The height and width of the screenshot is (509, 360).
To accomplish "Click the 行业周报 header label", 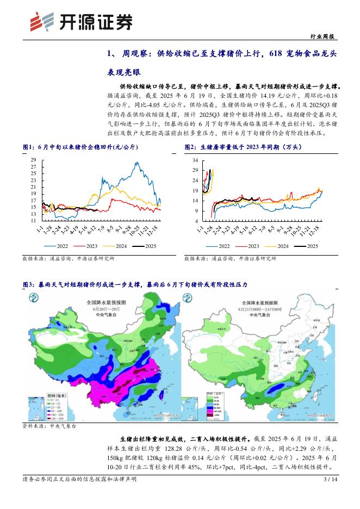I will (324, 37).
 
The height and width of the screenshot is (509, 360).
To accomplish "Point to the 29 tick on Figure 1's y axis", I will (33, 160).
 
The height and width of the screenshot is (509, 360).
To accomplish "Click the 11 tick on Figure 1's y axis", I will (33, 221).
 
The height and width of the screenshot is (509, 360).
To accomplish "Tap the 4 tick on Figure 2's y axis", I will (197, 221).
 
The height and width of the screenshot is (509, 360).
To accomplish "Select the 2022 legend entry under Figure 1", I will (58, 246).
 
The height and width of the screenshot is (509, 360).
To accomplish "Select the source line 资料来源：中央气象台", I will (49, 426).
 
